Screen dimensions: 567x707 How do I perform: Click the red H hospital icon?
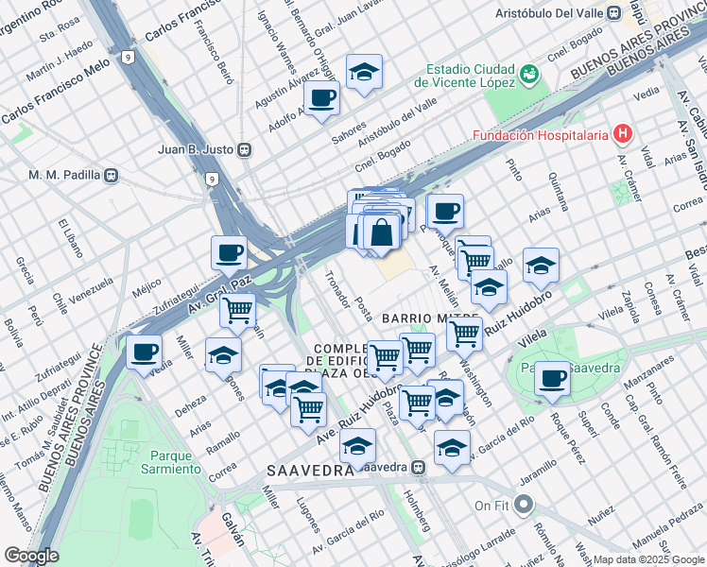click(622, 135)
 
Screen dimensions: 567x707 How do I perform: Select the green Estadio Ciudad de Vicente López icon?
click(529, 74)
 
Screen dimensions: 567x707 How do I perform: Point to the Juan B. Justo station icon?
click(245, 148)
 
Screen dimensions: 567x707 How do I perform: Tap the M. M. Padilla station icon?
click(111, 175)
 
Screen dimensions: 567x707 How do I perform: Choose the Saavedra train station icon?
click(418, 467)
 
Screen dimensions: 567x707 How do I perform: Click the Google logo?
click(31, 556)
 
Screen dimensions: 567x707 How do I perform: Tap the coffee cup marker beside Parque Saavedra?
click(551, 378)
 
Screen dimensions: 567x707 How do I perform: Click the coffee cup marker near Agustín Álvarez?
click(322, 97)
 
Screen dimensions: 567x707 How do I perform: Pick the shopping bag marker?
click(381, 232)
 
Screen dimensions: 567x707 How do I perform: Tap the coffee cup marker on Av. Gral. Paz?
click(230, 252)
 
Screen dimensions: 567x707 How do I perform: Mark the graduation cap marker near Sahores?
click(362, 71)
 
